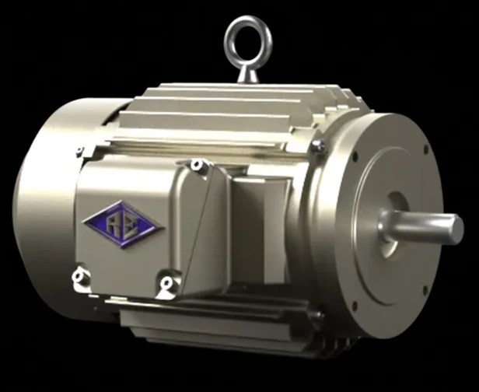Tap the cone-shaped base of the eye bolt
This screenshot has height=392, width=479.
[x=248, y=74]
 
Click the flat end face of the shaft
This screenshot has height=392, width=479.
[x=456, y=229]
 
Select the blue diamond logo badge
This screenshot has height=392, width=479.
[x=123, y=224]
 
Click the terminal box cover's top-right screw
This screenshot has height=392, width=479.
[x=197, y=165]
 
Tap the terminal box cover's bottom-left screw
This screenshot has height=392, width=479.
[x=79, y=277]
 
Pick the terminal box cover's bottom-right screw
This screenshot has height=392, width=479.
[x=166, y=282]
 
